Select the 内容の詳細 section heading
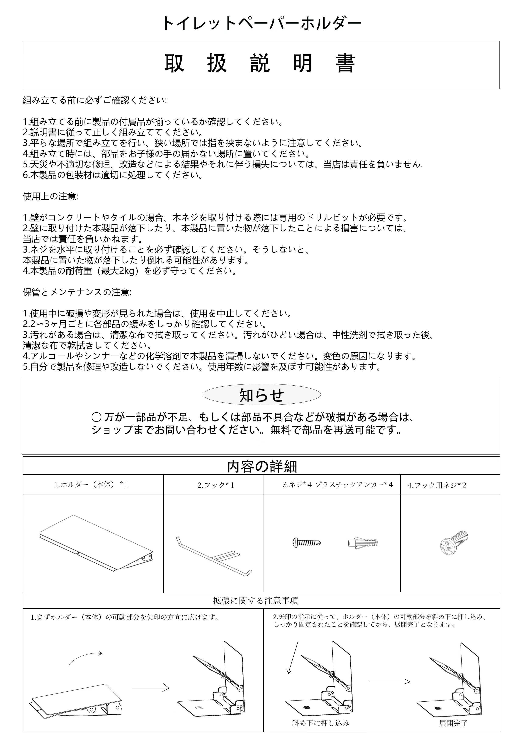point(262,466)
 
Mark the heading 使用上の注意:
point(50,196)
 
